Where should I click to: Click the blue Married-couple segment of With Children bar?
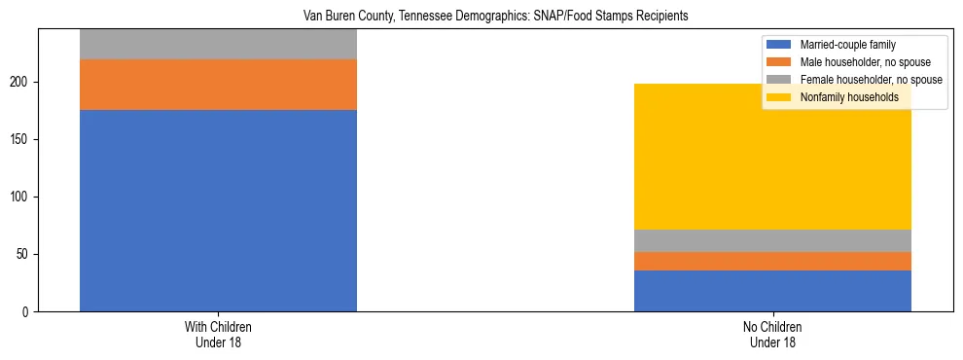pos(218,210)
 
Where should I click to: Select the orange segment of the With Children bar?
pos(218,85)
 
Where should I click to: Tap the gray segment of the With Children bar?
pos(218,44)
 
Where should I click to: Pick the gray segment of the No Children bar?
pos(772,240)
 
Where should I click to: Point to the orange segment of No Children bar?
pos(772,261)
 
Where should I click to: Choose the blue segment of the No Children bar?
pos(772,291)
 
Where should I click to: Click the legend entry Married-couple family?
pos(847,45)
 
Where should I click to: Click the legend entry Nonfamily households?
pos(849,97)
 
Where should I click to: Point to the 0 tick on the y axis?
pos(29,312)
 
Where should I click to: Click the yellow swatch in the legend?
pos(779,97)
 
